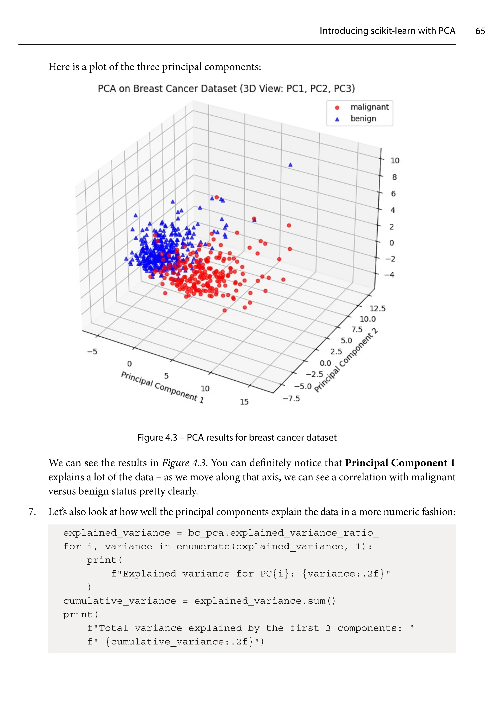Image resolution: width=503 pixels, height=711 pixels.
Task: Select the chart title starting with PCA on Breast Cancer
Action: point(226,89)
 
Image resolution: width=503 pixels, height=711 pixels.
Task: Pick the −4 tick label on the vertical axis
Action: point(390,275)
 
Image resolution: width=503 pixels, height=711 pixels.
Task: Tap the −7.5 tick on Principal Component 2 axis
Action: point(291,398)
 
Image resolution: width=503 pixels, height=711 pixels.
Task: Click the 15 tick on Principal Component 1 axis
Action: point(244,402)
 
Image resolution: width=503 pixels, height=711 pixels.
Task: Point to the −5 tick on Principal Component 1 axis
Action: point(92,352)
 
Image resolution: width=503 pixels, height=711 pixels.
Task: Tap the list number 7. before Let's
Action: point(32,512)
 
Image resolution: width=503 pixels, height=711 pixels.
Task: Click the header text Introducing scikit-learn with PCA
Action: point(387,31)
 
